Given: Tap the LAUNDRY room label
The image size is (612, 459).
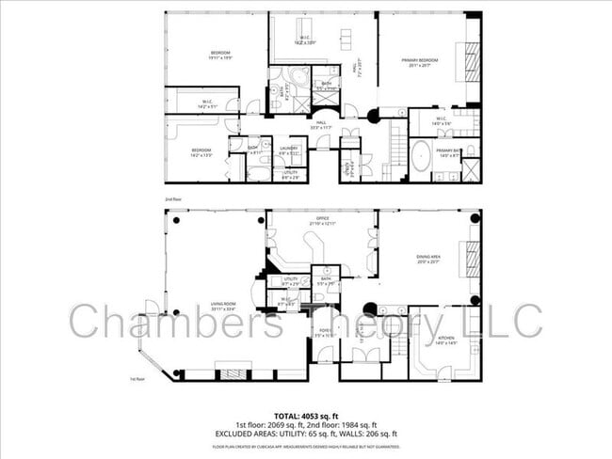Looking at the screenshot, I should pos(288,148).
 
